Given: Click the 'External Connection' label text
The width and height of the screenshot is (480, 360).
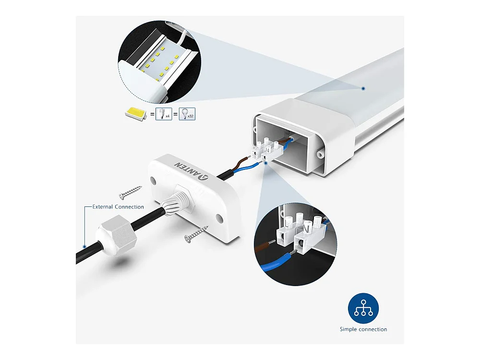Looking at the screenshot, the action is click(118, 207).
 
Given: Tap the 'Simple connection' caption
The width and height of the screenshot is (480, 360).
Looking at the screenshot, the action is click(363, 329).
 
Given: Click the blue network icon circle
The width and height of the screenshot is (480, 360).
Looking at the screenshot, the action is click(363, 308).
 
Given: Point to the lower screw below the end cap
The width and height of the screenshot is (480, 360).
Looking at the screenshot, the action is click(196, 234).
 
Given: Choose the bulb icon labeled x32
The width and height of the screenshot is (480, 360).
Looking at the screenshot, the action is click(187, 114).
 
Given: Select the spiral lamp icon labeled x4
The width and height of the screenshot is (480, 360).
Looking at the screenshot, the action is click(164, 114).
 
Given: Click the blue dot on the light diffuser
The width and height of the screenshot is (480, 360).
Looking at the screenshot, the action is click(363, 88).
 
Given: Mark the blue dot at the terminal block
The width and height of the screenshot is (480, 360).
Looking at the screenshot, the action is click(266, 163).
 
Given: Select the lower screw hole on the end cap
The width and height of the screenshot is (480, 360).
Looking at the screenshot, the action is click(219, 218).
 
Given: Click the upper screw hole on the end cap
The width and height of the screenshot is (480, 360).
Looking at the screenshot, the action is click(153, 180).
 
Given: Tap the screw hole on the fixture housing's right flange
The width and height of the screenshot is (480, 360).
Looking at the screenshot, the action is click(320, 154).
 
